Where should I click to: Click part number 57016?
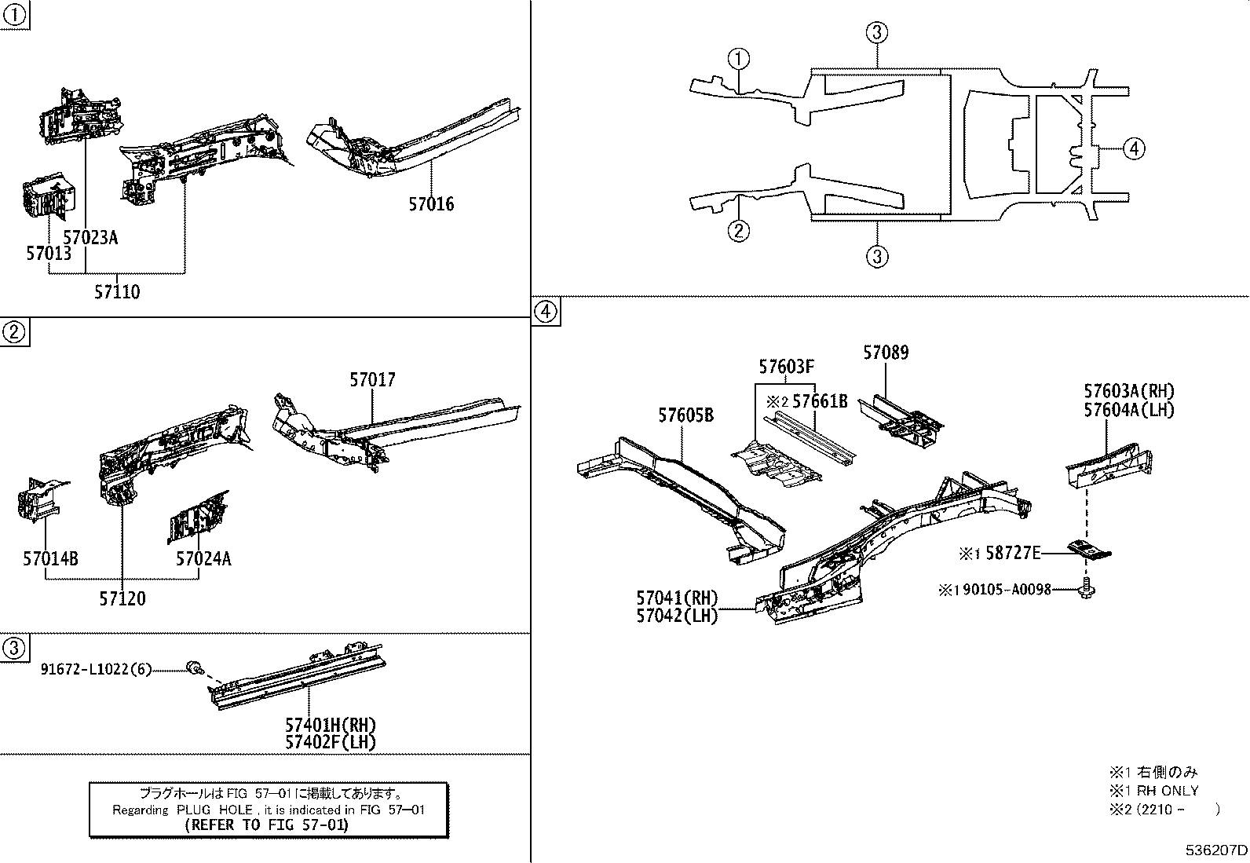[x=431, y=204]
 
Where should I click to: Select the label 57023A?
[x=90, y=237]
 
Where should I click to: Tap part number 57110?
[x=117, y=292]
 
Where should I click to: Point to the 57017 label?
[x=373, y=380]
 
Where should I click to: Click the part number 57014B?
[x=50, y=559]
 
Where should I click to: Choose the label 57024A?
[x=203, y=559]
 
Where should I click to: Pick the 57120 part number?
[x=122, y=599]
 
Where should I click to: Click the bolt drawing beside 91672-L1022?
[x=193, y=668]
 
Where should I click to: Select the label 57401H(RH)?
[x=330, y=725]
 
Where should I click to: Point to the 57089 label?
[x=886, y=353]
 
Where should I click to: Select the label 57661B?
[x=820, y=401]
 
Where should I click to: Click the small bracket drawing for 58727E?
[x=1087, y=550]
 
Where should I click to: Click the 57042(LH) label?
[x=677, y=616]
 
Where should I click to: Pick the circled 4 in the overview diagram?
[x=1134, y=148]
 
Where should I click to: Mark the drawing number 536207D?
[x=1215, y=850]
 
